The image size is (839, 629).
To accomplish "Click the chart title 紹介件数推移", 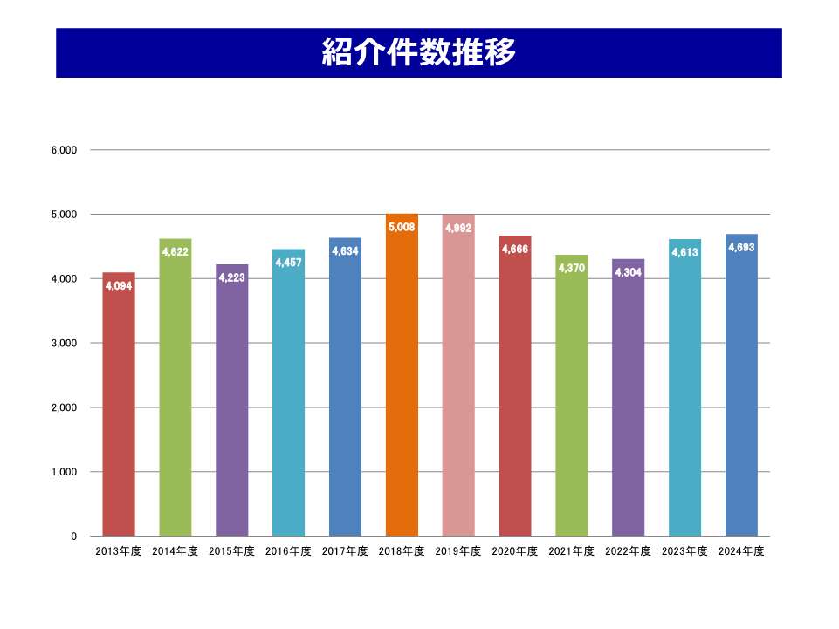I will (419, 52).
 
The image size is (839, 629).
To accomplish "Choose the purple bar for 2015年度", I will (231, 401).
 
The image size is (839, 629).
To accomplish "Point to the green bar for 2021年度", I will (572, 401).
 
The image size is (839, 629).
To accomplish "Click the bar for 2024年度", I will (741, 393).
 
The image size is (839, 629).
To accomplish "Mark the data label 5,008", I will (402, 227).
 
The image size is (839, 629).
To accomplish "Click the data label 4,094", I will (119, 285).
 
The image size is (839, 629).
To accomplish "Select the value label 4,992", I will (458, 228).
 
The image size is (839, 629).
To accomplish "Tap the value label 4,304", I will (629, 272).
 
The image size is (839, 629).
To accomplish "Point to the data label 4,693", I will (741, 247).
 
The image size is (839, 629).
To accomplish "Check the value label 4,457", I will (288, 262).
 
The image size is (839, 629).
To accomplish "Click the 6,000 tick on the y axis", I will (65, 150).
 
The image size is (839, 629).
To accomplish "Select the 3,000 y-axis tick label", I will (65, 343).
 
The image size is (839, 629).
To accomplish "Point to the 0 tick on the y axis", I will (74, 537).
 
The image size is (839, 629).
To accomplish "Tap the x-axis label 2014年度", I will (175, 551).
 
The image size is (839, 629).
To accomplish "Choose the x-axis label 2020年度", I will (515, 551).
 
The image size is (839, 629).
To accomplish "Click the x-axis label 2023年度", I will (684, 551).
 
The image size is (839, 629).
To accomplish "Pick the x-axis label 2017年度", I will (345, 551).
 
